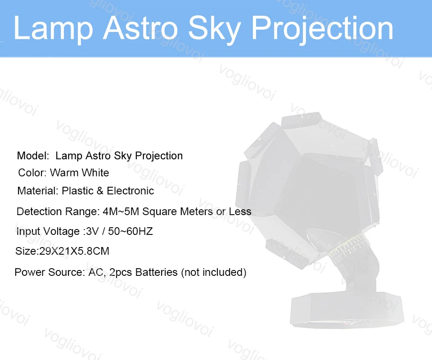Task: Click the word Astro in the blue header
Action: tap(140, 28)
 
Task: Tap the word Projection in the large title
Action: tap(323, 29)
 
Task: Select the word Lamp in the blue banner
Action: tap(53, 29)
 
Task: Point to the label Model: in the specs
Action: tap(33, 156)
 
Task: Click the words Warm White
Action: tap(79, 173)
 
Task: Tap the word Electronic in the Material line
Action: tap(130, 191)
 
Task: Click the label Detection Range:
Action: tap(58, 211)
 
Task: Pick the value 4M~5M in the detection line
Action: tap(121, 211)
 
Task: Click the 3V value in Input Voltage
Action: tap(92, 231)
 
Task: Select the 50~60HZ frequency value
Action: tap(130, 231)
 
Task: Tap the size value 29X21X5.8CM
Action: tap(74, 251)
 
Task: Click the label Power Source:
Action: tap(50, 272)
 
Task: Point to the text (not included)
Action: tap(213, 272)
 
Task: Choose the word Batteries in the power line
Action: tap(157, 272)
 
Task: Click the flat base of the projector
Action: tap(347, 310)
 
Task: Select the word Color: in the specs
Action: tap(32, 173)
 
